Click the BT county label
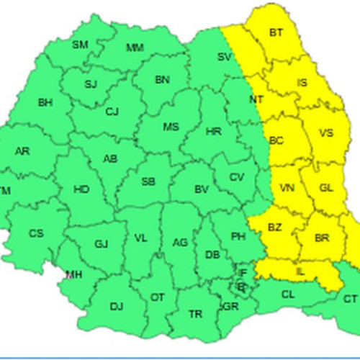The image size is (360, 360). tap(276, 32)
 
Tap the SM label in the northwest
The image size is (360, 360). tap(80, 45)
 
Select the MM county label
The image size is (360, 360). tap(135, 48)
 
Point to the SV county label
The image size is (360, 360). tap(225, 56)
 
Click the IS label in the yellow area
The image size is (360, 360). tap(302, 84)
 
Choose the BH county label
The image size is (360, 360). tap(45, 103)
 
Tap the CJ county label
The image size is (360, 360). tap(112, 112)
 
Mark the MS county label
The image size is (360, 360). tap(170, 127)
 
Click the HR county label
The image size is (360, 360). tap(214, 132)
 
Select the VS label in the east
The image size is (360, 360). tap(326, 133)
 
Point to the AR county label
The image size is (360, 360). tap(23, 151)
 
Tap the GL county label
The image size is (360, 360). tap(326, 188)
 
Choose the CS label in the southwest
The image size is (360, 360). tap(36, 233)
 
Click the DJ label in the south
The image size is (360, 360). tap(117, 307)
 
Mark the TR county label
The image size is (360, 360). tap(195, 315)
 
